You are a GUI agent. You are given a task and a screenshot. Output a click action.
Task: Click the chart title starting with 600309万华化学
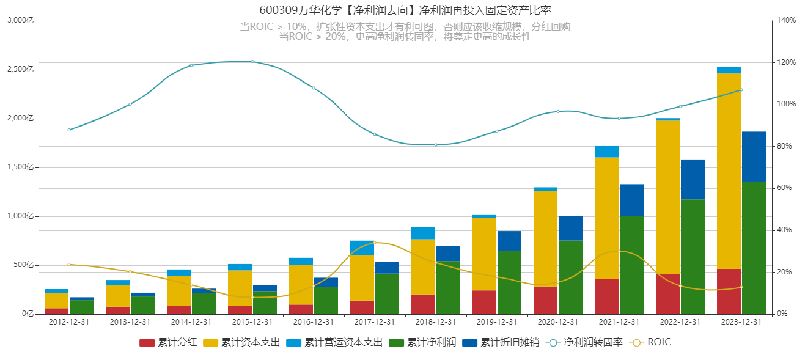click(405, 10)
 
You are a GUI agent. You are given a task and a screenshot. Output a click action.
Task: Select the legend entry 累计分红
click(168, 342)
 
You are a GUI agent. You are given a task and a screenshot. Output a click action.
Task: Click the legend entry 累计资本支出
click(241, 342)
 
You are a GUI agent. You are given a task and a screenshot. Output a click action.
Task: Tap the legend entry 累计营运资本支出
click(334, 342)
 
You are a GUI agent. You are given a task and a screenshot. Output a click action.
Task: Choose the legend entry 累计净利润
click(422, 342)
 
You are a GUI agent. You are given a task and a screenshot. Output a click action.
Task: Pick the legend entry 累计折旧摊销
click(501, 342)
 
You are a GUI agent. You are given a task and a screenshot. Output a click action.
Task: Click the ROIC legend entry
click(650, 342)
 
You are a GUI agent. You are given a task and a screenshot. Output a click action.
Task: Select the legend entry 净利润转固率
click(584, 342)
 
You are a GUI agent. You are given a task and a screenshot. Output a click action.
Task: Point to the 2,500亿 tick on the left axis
click(20, 69)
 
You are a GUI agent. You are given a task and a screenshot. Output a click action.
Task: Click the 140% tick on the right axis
click(786, 20)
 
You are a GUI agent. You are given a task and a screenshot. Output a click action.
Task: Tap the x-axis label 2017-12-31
click(375, 322)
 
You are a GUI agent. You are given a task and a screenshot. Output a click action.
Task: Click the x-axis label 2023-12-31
click(741, 322)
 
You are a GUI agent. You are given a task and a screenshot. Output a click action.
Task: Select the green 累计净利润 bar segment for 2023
click(754, 248)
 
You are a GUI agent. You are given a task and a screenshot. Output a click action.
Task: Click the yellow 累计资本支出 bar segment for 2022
click(667, 197)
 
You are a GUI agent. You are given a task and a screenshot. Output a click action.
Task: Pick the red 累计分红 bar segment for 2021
click(606, 296)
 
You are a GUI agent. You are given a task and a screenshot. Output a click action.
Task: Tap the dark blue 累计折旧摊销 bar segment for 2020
click(571, 228)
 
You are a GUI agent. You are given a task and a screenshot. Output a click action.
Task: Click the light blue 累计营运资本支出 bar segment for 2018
click(424, 233)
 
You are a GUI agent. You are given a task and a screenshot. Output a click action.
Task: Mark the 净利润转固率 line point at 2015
click(252, 62)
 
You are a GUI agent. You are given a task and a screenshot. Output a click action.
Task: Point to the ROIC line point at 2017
click(375, 243)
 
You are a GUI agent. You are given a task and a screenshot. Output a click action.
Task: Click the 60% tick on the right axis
click(784, 188)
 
